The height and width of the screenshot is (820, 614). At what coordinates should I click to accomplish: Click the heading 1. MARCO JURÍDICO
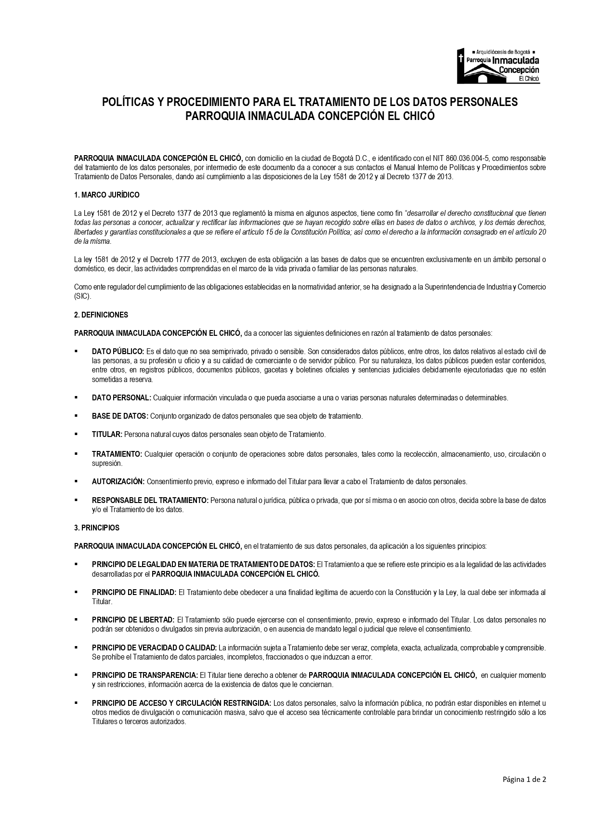106,195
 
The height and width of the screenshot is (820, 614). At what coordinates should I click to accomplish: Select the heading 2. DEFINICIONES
101,315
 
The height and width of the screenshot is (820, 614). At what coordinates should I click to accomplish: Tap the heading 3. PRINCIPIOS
96,528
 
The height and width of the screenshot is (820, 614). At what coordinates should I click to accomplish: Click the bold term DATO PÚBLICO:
118,352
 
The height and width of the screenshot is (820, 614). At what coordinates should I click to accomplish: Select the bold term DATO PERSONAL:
121,398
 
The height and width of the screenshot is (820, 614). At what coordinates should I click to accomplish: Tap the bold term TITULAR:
107,435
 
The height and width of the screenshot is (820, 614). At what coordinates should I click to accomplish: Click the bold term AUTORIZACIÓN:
118,482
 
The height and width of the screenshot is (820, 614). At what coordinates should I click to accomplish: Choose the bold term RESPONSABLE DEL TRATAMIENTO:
150,501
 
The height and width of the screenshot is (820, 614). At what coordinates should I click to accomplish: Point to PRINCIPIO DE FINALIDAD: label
134,593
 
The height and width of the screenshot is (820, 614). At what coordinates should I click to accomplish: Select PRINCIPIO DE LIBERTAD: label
133,620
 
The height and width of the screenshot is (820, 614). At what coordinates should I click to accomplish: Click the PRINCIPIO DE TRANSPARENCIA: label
144,675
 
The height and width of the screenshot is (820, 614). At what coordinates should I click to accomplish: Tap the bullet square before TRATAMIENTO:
76,454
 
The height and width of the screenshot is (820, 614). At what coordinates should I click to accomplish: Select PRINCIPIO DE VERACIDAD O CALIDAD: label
154,648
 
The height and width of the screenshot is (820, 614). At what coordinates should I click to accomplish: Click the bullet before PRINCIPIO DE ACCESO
76,703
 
